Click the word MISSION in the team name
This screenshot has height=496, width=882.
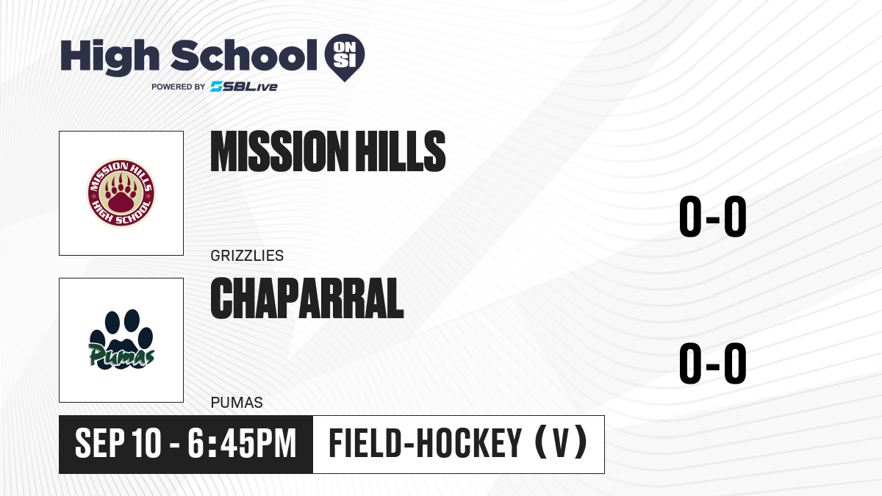click(x=277, y=151)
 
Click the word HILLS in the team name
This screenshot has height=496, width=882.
click(x=400, y=151)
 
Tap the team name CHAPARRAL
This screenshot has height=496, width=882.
click(x=307, y=298)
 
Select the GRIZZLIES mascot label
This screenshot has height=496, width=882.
click(x=247, y=256)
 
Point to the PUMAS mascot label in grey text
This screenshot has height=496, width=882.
click(x=237, y=403)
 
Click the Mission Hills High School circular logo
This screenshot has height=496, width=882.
click(x=121, y=193)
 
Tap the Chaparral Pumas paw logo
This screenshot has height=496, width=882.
click(x=121, y=339)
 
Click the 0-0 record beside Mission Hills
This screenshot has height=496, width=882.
click(x=713, y=216)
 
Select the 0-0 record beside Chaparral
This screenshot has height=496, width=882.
click(x=713, y=363)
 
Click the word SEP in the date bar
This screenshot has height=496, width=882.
click(x=100, y=443)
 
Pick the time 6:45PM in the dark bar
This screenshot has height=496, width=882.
click(x=242, y=443)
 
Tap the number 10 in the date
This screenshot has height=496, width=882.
click(x=146, y=443)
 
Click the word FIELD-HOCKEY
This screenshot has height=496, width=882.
click(x=426, y=443)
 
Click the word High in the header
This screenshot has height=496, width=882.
click(x=110, y=57)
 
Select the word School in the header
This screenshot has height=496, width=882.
click(x=244, y=55)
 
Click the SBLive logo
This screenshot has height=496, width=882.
click(x=244, y=87)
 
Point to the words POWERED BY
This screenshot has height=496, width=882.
click(x=179, y=87)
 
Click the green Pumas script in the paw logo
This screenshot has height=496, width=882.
click(x=121, y=355)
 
